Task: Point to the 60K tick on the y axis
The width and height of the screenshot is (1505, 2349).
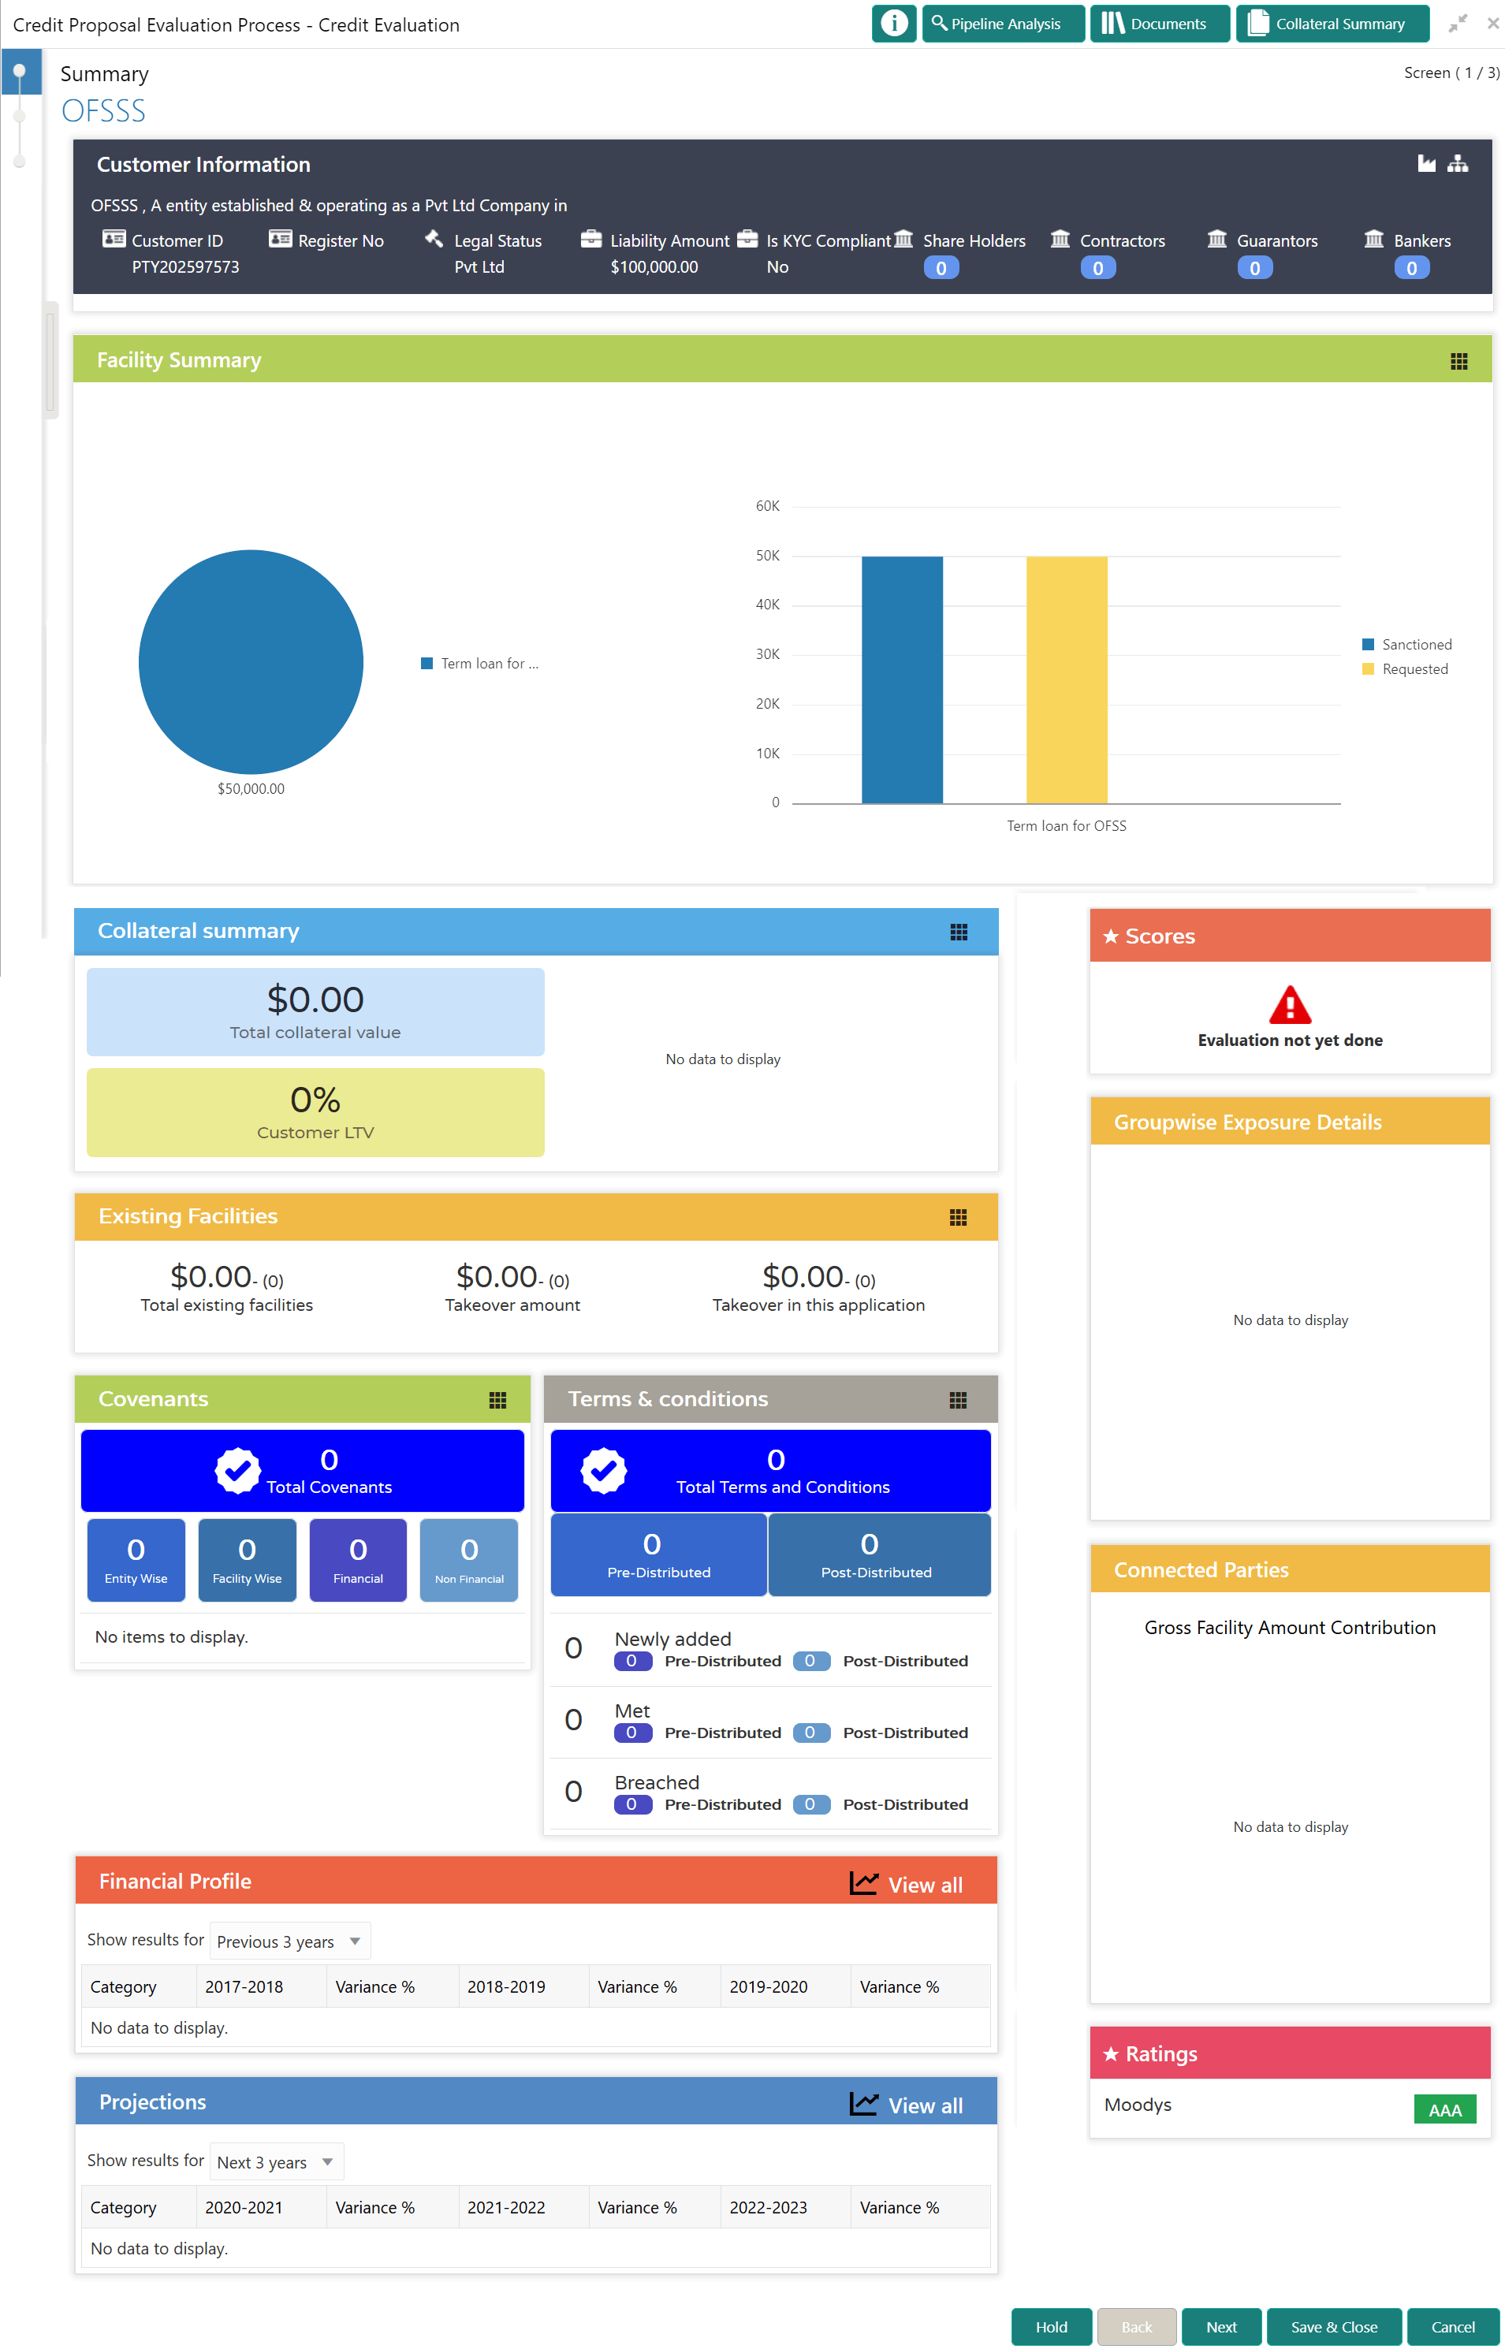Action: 767,506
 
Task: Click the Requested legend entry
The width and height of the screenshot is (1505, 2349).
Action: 1413,669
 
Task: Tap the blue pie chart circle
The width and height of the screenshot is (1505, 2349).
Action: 251,661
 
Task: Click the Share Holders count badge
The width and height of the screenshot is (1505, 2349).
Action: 941,268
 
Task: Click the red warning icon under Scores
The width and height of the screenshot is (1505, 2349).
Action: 1289,1004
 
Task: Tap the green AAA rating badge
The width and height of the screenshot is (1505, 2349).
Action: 1444,2109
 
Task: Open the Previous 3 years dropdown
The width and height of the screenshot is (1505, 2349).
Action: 289,1941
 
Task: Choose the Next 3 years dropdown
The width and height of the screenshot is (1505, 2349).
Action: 277,2161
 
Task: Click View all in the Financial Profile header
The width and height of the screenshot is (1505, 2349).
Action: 906,1884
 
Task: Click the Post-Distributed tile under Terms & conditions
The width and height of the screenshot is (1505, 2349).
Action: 877,1554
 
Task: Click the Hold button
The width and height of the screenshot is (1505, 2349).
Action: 1051,2326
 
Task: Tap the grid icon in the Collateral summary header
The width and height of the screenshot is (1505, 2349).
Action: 958,933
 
